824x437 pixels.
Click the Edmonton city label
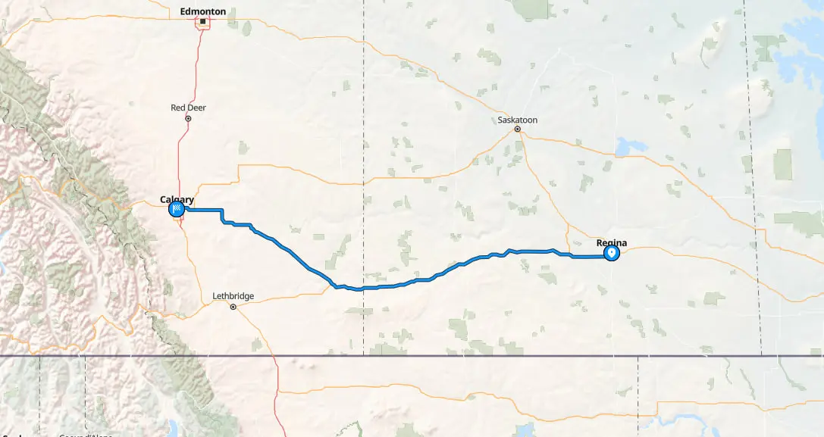(202, 11)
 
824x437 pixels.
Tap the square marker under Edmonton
(203, 23)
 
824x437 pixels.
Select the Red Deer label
(188, 108)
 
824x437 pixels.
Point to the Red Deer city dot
(188, 118)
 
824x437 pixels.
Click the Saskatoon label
(518, 120)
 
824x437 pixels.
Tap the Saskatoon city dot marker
(518, 129)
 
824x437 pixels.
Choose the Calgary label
(177, 200)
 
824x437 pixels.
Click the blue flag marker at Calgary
(177, 209)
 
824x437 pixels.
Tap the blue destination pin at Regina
(611, 253)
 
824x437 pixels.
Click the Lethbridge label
(233, 296)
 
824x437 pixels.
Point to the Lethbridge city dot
(233, 307)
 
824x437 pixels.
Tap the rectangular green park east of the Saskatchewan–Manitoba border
(783, 164)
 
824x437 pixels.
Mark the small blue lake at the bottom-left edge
(2, 268)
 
